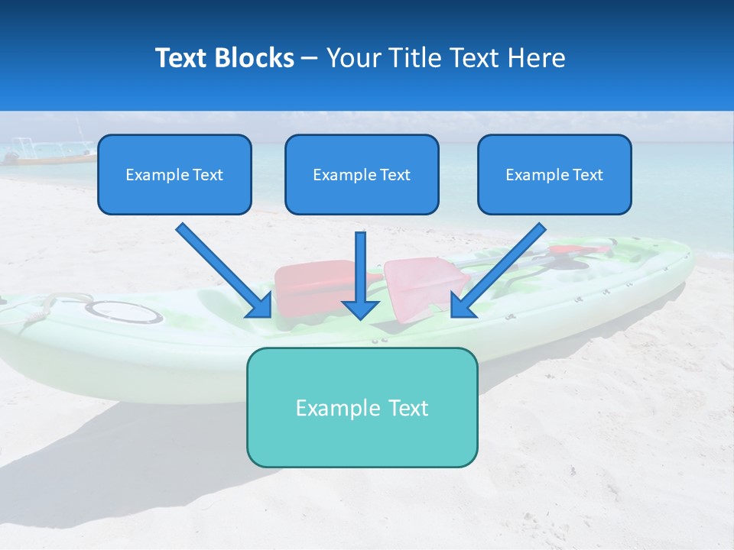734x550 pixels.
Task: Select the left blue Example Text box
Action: [x=174, y=174]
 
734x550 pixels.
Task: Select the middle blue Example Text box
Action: [x=362, y=174]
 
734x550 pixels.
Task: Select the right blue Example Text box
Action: [x=554, y=174]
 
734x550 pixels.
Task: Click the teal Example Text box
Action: [x=362, y=407]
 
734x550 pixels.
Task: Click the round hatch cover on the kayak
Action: [x=123, y=311]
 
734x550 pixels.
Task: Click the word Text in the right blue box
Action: [x=587, y=175]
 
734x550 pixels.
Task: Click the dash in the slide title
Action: [x=310, y=58]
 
